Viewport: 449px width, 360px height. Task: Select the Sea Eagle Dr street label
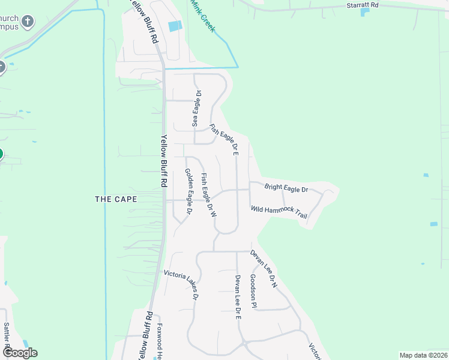point(196,108)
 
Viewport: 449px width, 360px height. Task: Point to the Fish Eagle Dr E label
point(224,140)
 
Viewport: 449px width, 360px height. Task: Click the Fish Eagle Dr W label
point(208,195)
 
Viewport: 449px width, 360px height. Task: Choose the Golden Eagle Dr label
point(188,191)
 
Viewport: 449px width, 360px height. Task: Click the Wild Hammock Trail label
point(279,212)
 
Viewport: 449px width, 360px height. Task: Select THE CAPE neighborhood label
point(116,199)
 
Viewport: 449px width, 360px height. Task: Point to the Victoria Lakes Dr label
point(181,284)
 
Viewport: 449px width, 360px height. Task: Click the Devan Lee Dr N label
point(264,269)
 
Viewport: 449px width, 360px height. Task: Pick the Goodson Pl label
point(254,292)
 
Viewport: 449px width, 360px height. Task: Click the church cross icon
point(27,23)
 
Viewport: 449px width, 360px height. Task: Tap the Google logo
point(19,353)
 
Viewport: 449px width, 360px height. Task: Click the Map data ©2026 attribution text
point(423,355)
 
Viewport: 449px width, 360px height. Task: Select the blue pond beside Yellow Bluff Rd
point(175,26)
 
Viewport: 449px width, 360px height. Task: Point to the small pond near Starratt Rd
point(365,12)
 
